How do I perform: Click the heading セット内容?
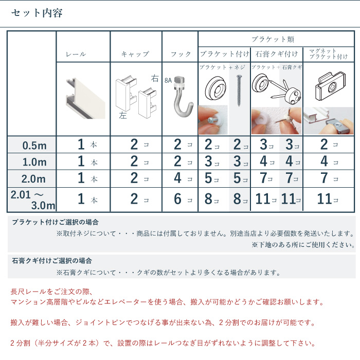coord(37,13)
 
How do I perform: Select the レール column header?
coord(76,54)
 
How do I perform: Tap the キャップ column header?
coord(135,54)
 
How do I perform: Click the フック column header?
coord(181,54)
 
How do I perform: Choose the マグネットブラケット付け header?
coord(329,53)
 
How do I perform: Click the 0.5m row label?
coord(34,146)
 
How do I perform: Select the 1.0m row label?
coord(34,163)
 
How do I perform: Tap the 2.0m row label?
coord(34,179)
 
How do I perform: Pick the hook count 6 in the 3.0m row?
coord(178,199)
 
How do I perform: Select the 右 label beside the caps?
coord(155,79)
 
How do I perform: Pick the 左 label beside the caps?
coord(122,116)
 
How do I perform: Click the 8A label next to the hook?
coord(168,80)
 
